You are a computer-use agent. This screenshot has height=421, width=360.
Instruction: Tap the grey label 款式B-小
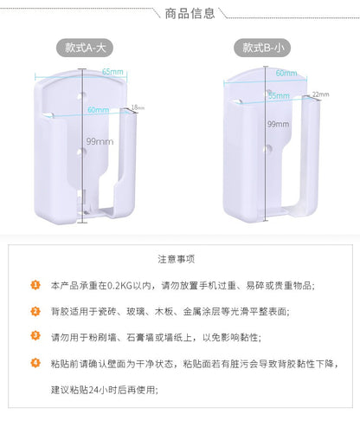[264, 49]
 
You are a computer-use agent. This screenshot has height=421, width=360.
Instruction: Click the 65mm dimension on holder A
[112, 71]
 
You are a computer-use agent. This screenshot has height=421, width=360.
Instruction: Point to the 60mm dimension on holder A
[97, 110]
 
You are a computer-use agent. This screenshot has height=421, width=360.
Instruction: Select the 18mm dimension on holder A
[138, 108]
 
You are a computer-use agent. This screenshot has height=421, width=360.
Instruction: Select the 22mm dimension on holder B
[319, 94]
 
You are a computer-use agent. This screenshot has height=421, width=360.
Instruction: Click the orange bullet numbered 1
[35, 284]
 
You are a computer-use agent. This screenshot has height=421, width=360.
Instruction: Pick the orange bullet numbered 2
[35, 310]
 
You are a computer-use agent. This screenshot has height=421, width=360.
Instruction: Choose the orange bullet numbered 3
[35, 335]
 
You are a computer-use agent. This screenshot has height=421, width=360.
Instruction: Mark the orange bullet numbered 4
[35, 361]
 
